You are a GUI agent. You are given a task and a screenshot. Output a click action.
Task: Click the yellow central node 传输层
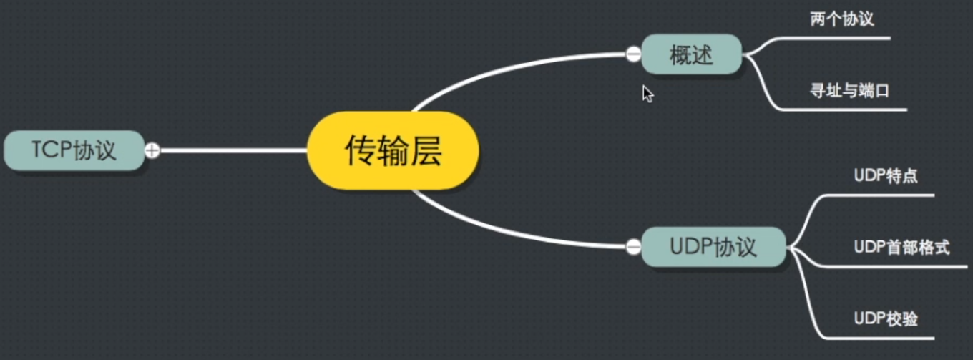click(393, 150)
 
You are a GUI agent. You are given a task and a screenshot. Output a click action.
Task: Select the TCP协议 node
click(74, 150)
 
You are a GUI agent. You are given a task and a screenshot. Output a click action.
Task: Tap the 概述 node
click(691, 54)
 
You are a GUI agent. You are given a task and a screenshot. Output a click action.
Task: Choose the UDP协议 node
click(713, 247)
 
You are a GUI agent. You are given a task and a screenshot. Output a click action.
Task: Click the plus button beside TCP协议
click(152, 150)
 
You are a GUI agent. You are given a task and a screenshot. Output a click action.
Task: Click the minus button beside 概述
click(633, 54)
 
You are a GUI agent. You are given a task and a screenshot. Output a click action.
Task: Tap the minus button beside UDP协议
click(633, 247)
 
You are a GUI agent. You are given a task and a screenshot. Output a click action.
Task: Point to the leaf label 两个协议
click(841, 19)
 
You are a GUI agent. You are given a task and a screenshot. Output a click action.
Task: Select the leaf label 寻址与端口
click(849, 91)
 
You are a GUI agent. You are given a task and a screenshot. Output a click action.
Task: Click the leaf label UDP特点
click(886, 176)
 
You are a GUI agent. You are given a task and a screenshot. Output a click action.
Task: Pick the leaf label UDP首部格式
click(901, 248)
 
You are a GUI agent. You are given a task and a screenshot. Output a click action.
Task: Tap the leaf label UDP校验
click(886, 318)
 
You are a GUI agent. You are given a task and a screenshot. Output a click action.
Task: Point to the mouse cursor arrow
click(647, 94)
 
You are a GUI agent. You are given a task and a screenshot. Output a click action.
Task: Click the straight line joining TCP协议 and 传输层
click(229, 150)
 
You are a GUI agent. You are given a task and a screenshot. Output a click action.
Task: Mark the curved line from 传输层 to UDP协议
click(501, 230)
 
